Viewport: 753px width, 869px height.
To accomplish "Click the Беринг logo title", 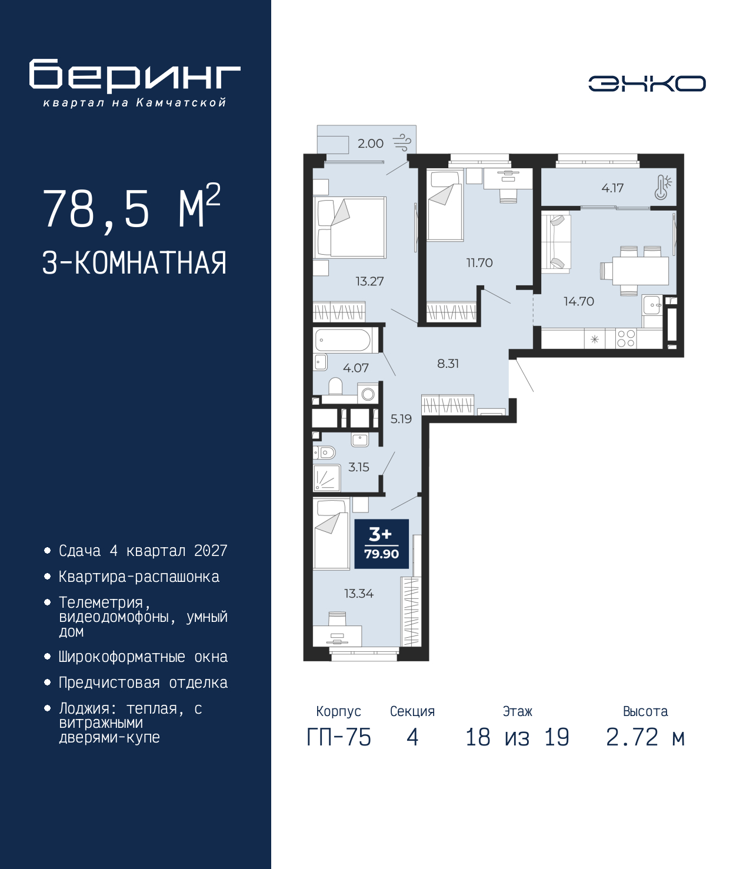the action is pos(135,76).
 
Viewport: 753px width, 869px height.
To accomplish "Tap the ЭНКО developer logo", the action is pos(647,83).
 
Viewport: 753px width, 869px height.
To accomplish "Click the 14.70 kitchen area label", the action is pos(579,301).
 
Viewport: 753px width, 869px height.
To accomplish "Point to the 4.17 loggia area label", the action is pos(612,188).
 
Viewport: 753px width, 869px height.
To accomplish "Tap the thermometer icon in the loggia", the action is pos(662,187).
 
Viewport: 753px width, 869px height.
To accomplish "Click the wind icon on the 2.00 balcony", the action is pos(402,142).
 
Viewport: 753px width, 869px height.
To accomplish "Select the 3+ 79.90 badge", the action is pos(381,544).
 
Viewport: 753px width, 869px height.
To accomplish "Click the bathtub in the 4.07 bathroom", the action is pos(343,339).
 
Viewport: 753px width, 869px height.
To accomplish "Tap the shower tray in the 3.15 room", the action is pos(327,477).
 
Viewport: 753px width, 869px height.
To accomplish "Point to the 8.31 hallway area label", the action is pos(448,363).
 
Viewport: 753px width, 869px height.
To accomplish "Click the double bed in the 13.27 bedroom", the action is pos(350,228).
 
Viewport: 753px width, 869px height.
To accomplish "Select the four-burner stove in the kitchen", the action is pos(625,339).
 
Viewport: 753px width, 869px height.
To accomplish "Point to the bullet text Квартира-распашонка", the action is pos(139,577).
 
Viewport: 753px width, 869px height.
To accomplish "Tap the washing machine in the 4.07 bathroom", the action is pos(368,394).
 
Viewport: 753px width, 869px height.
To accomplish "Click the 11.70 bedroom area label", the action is pos(479,263).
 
